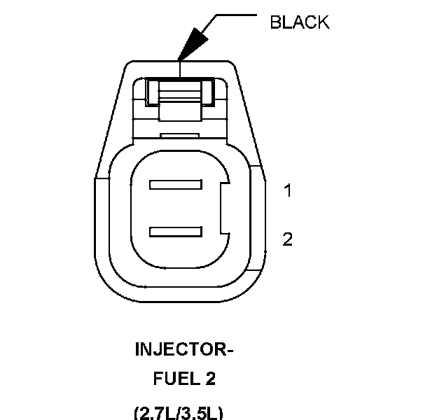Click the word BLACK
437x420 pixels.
(299, 22)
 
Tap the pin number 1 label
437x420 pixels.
(287, 190)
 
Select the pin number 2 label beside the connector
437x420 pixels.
(287, 239)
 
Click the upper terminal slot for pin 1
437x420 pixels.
(175, 185)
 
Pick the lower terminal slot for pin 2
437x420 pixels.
(175, 231)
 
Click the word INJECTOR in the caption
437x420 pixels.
(179, 349)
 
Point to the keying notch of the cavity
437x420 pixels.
(223, 208)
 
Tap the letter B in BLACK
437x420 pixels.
(275, 22)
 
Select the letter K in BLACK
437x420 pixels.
(323, 22)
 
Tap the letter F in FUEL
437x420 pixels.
(158, 379)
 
